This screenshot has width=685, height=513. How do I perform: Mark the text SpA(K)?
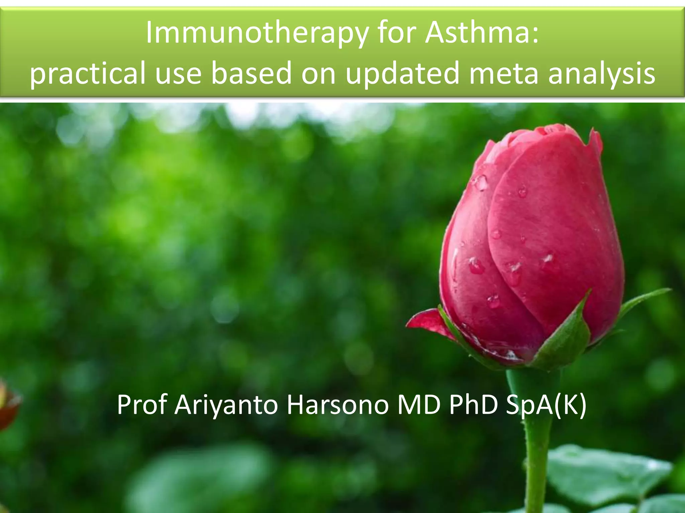click(x=546, y=405)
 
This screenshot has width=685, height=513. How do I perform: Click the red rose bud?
click(x=532, y=234)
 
